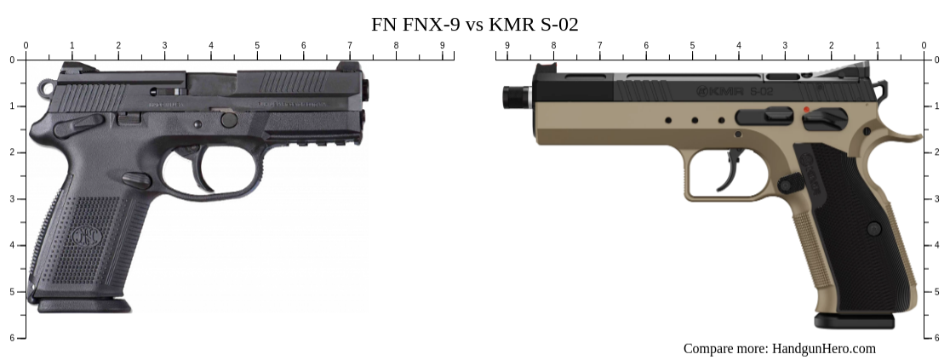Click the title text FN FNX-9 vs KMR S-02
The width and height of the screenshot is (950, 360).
click(474, 25)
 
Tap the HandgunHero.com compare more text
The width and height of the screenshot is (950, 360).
click(779, 348)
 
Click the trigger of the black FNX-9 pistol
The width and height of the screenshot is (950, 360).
click(202, 174)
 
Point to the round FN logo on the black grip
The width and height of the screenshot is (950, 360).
click(83, 235)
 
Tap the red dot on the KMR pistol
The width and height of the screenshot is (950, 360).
click(805, 110)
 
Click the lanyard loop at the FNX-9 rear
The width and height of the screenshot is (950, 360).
click(46, 87)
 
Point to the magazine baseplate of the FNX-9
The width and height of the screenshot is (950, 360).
click(83, 305)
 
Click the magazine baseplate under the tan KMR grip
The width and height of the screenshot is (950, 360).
click(854, 321)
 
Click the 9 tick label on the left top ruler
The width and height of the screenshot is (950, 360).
click(442, 45)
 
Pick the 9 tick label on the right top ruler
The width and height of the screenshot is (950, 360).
click(507, 45)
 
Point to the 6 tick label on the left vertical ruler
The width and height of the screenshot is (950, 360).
click(12, 338)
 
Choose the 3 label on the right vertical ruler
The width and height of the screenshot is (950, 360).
click(937, 198)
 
